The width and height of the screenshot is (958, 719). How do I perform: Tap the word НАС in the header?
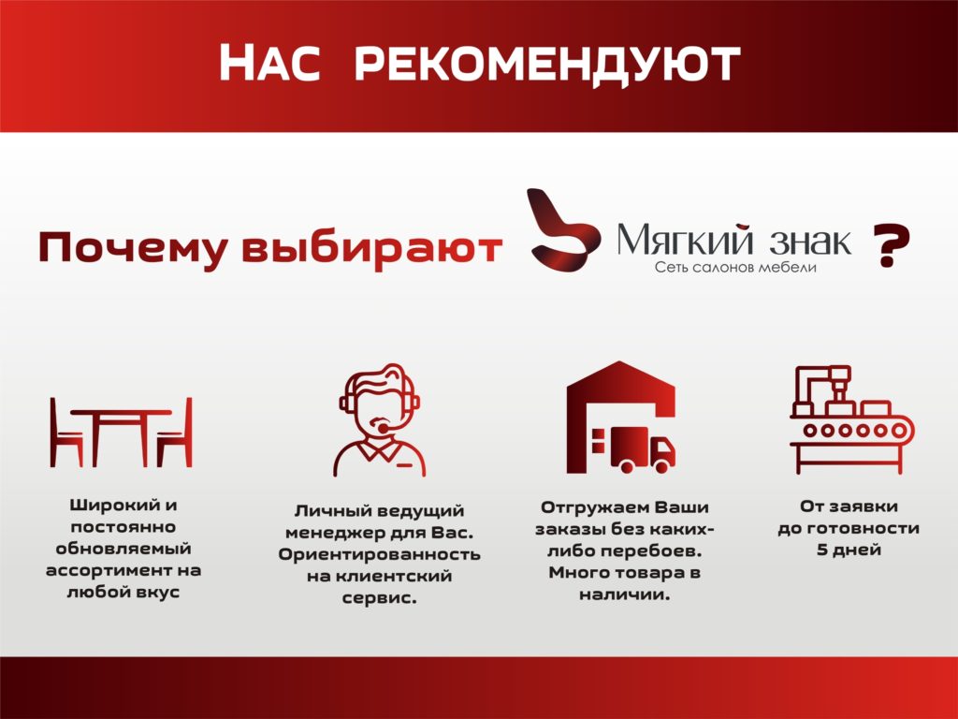click(x=269, y=63)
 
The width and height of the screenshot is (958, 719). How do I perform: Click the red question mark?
click(x=892, y=245)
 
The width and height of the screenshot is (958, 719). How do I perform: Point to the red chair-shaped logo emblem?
click(x=563, y=230)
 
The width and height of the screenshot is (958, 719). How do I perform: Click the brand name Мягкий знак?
click(x=733, y=239)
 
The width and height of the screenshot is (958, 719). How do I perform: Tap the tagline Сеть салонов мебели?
click(x=735, y=267)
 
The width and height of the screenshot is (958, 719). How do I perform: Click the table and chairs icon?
click(x=121, y=433)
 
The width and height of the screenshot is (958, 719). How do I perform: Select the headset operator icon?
click(x=380, y=420)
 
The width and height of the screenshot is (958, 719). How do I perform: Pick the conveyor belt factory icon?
click(x=851, y=419)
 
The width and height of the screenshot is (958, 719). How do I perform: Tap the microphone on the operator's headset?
click(x=383, y=428)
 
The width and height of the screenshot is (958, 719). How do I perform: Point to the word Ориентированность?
click(x=380, y=554)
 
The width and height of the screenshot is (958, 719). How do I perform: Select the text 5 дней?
click(x=849, y=550)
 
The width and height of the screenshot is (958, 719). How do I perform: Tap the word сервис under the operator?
click(x=376, y=598)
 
